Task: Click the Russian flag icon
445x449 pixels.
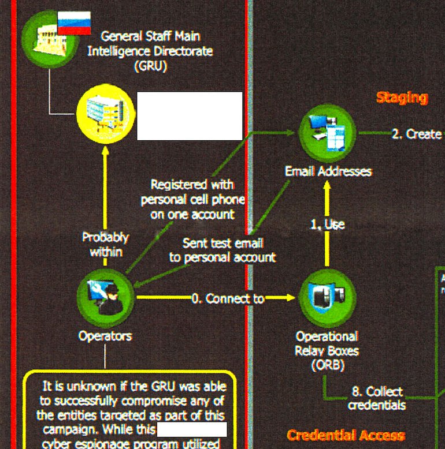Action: (74, 23)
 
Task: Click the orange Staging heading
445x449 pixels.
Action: (402, 98)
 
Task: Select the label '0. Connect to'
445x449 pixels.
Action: (228, 298)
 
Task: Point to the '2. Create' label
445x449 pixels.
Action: (417, 134)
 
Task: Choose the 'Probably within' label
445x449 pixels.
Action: (105, 244)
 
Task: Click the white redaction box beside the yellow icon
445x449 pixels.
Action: (189, 115)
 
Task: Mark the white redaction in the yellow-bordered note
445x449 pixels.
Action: (192, 429)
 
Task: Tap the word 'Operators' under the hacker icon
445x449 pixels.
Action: (105, 336)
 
